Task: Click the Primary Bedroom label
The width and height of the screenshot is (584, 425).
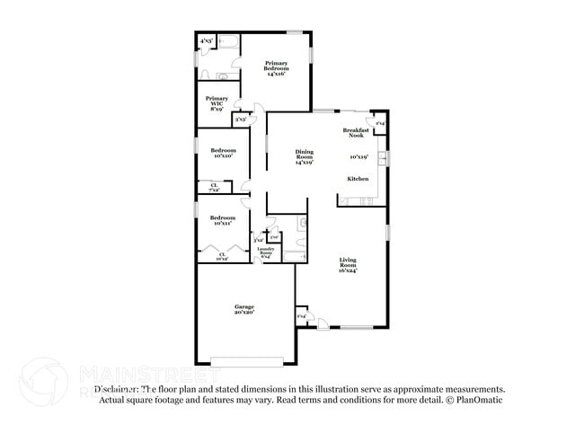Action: click(276, 68)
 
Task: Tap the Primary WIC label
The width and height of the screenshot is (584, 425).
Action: click(217, 102)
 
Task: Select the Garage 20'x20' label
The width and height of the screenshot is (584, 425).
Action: click(244, 310)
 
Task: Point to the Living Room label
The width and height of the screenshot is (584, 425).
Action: click(348, 264)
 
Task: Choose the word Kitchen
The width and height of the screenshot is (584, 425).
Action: click(358, 179)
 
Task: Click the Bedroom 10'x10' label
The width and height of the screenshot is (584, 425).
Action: click(223, 153)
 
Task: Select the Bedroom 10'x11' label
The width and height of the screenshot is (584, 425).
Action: click(223, 220)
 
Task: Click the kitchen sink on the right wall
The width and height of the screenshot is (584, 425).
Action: click(383, 159)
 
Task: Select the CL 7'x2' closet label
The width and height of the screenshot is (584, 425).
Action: click(214, 188)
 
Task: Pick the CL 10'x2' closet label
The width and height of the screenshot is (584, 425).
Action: click(222, 256)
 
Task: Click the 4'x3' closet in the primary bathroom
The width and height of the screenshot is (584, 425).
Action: click(206, 40)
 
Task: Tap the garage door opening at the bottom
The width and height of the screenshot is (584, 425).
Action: click(244, 362)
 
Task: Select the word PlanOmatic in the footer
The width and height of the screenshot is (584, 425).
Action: click(486, 400)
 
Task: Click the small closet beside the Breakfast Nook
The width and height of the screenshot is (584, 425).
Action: click(380, 124)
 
